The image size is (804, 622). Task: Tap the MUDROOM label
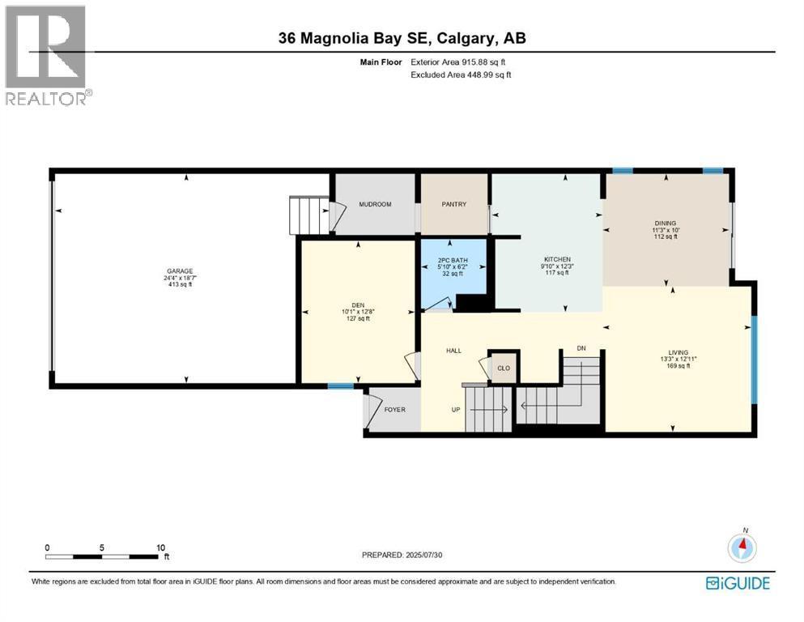click(375, 204)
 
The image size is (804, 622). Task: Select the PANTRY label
click(454, 204)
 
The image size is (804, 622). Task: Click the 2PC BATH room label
click(453, 260)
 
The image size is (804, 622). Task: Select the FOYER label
click(394, 409)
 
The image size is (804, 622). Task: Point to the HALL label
click(453, 351)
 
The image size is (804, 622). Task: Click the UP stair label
click(456, 409)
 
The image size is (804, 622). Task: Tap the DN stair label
click(581, 348)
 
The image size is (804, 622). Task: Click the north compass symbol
click(742, 547)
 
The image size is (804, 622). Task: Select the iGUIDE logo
click(738, 583)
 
